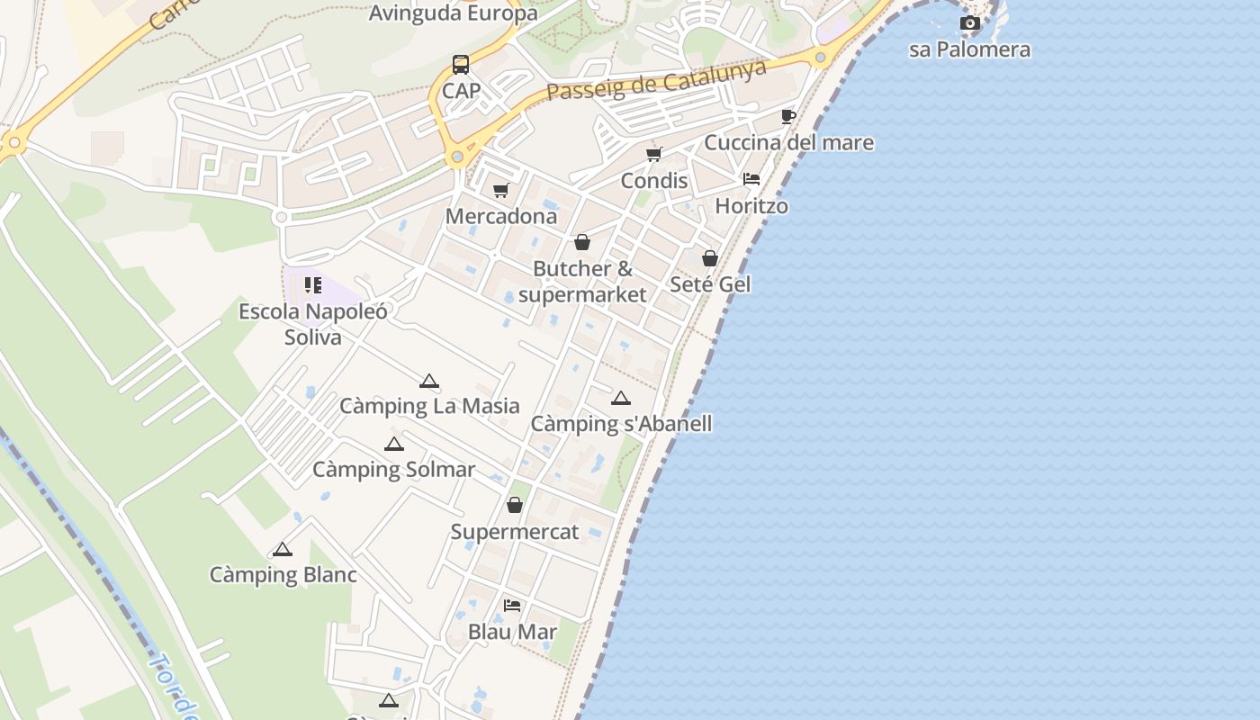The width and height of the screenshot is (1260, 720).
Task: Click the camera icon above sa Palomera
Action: (969, 22)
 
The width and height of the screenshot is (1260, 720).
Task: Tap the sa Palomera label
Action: (969, 49)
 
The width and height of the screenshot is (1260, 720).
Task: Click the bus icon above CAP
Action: (461, 65)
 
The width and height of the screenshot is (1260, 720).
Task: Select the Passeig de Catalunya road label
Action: (657, 80)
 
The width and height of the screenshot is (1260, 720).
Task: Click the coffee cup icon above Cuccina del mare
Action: (788, 116)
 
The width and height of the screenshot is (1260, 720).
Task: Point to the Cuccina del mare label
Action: (788, 142)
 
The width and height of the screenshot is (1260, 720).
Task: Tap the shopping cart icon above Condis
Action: (654, 154)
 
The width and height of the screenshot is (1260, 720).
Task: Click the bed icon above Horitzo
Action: (751, 179)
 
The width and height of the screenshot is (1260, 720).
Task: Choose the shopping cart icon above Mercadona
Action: (501, 190)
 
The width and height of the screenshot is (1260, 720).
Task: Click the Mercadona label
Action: (501, 216)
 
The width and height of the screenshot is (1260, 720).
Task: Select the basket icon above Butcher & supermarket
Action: (582, 242)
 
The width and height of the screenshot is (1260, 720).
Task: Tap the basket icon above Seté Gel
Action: (710, 258)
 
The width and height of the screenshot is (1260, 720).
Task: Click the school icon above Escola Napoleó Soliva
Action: (313, 285)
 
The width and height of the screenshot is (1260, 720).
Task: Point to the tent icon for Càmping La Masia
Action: (429, 381)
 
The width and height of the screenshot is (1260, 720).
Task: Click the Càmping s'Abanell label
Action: (621, 424)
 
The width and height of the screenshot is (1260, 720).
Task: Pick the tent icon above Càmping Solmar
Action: (393, 444)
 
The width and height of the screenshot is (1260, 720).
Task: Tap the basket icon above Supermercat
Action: (515, 505)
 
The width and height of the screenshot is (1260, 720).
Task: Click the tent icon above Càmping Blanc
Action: (283, 549)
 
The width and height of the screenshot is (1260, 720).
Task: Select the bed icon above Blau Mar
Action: (512, 605)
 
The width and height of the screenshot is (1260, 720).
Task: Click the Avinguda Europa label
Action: (454, 13)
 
